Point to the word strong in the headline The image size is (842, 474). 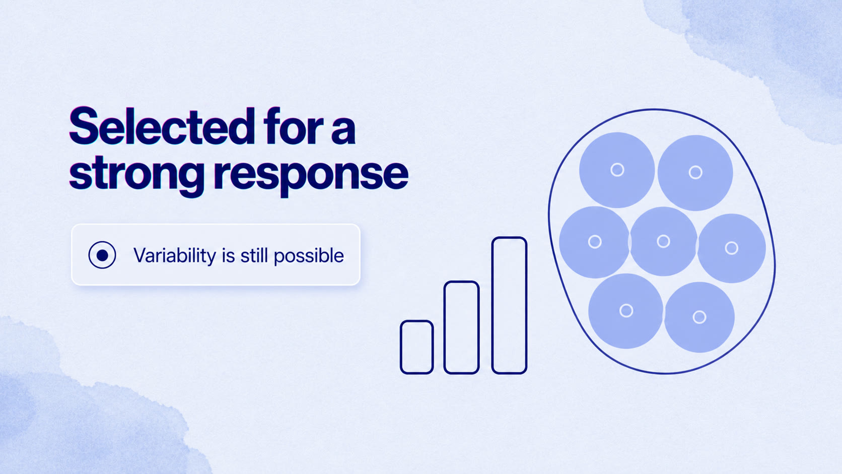pos(136,175)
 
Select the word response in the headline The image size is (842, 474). pos(311,176)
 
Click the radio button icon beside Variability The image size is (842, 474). pos(102,255)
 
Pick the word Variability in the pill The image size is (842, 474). pos(175,255)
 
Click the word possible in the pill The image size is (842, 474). pos(309,256)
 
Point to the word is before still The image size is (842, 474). pos(229,255)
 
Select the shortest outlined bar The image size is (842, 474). pos(417,347)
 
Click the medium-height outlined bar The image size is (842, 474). pos(461,327)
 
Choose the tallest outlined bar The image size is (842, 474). pos(509,305)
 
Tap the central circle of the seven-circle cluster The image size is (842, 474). pos(663,241)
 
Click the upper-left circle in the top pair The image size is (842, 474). pos(617,170)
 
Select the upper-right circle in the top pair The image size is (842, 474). pos(695,173)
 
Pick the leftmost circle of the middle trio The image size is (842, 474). pos(594,242)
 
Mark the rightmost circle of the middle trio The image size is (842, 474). pos(731,248)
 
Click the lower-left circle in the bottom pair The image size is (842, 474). pos(626,311)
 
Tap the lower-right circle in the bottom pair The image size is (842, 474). pos(699,317)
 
